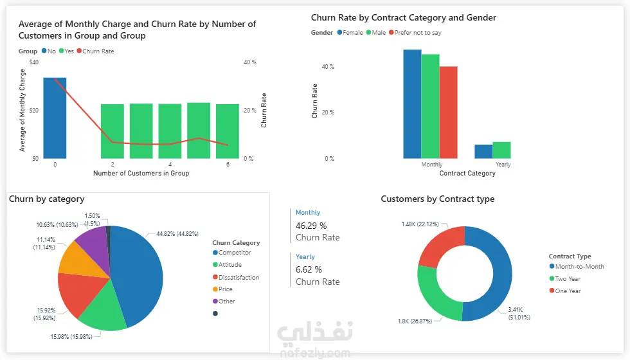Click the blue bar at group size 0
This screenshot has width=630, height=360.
point(55,118)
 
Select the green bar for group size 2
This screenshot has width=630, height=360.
point(113,131)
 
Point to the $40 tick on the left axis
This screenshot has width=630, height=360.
point(34,62)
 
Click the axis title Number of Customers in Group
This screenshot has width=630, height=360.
point(141,174)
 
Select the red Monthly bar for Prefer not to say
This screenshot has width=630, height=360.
point(448,112)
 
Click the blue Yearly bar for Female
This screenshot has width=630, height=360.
point(483,151)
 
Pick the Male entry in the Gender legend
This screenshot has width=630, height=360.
point(379,33)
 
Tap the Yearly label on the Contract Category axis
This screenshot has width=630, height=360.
point(503,165)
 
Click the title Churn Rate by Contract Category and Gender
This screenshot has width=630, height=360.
point(403,18)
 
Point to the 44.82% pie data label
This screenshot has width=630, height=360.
point(177,234)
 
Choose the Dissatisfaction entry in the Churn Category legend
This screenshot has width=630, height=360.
point(239,278)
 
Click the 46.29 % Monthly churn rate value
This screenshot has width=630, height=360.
point(311,226)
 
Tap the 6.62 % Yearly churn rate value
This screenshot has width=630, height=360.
point(309,269)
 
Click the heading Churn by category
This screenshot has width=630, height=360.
point(47,199)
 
